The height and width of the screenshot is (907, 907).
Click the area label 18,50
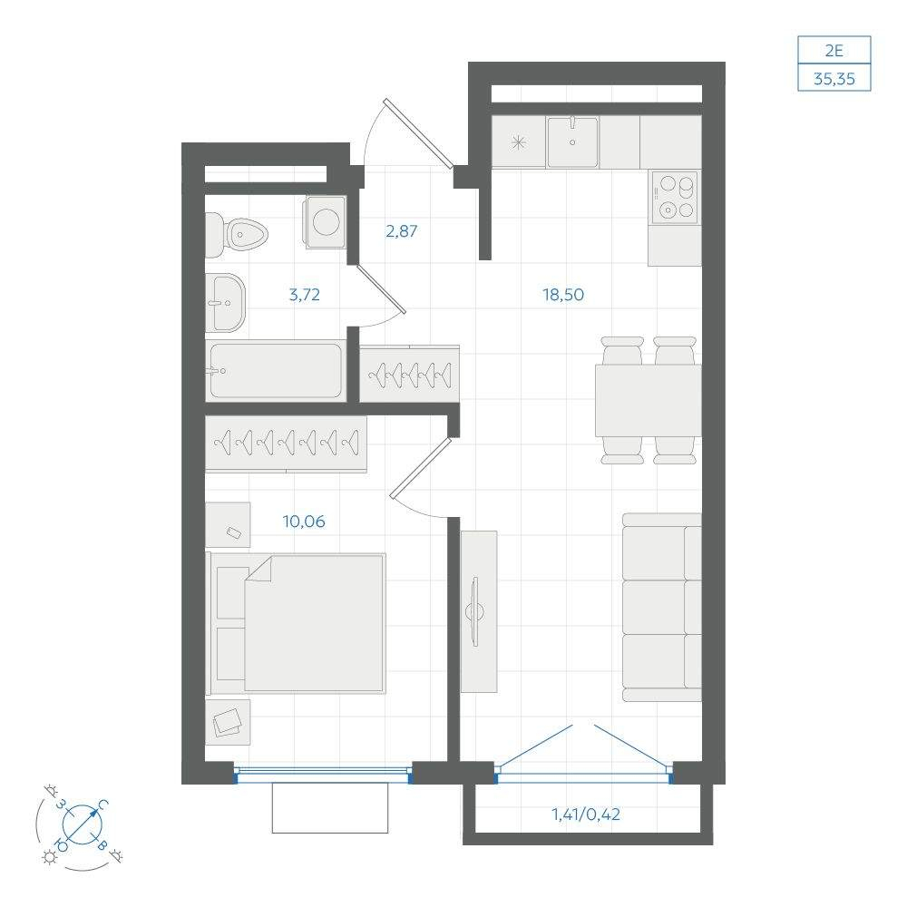click(563, 295)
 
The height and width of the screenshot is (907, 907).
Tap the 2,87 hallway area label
click(402, 230)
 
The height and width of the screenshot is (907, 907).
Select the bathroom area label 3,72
click(304, 295)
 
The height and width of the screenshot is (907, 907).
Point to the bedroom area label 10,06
click(304, 522)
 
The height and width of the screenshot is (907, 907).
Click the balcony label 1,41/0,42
click(586, 814)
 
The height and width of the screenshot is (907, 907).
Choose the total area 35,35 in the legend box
click(834, 79)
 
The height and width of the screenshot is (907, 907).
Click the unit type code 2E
click(834, 51)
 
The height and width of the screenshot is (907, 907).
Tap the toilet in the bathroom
click(237, 235)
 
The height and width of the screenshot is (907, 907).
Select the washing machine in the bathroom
click(327, 222)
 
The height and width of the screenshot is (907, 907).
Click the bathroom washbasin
click(226, 303)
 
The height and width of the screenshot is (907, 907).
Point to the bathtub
click(276, 370)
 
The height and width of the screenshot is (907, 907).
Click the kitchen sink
click(572, 141)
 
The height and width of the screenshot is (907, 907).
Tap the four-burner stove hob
click(675, 197)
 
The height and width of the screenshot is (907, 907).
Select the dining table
click(648, 400)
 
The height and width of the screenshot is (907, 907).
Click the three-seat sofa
click(662, 608)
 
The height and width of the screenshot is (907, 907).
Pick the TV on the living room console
click(476, 611)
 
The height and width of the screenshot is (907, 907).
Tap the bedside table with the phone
click(228, 524)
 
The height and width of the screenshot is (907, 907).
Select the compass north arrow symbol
click(83, 824)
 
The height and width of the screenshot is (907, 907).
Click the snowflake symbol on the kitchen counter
click(519, 142)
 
